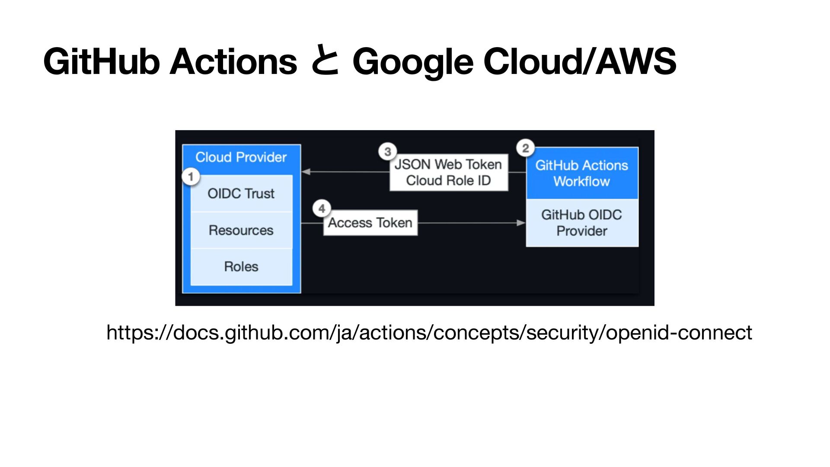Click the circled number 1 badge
191,176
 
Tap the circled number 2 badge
525,148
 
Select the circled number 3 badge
387,151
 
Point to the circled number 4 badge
322,209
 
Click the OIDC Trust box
241,193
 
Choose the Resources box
241,230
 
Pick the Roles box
241,266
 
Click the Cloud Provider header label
241,157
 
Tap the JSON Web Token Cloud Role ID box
448,172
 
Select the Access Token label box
370,223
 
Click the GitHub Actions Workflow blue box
582,173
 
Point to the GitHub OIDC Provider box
582,223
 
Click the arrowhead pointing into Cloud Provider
306,172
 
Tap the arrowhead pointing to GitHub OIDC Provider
521,223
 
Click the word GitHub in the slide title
102,62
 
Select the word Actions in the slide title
233,62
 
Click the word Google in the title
413,62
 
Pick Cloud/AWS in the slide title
580,62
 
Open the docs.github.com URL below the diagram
429,333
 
